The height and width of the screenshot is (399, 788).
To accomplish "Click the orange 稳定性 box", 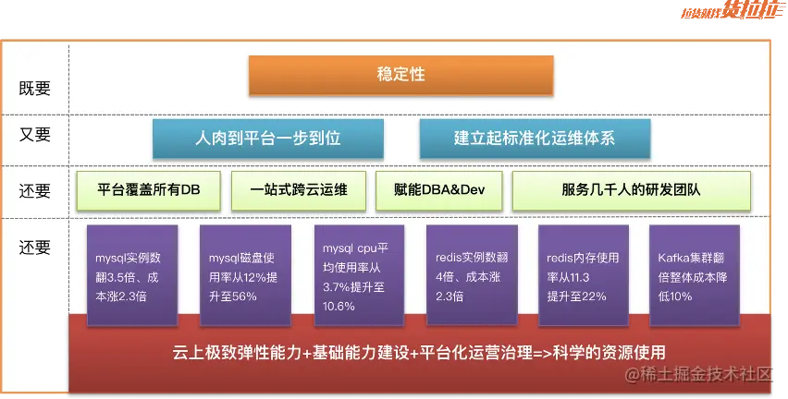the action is pos(401,75).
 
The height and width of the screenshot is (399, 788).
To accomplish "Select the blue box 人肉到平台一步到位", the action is pos(268,138).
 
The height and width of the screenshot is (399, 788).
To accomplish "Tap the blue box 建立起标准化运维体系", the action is pos(535,138).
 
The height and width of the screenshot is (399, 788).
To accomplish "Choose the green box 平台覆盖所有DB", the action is pos(148,190).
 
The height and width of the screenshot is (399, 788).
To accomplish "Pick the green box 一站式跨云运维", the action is pos(299,190).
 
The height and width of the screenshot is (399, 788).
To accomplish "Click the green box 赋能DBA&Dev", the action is pos(438,190).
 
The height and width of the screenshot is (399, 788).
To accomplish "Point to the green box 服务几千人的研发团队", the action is pos(631,190).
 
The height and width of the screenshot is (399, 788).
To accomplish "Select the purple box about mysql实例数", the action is pos(132,275).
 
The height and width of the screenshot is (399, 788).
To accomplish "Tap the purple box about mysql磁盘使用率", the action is pos(245,275).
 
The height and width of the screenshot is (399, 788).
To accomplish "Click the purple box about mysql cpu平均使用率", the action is pos(359,275).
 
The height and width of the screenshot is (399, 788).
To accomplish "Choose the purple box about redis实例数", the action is pos(472,275).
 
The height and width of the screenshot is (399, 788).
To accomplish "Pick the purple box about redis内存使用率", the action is pos(584,275).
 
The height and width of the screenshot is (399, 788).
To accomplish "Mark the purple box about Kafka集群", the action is pos(695,275).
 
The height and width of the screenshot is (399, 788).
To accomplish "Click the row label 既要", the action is pos(34,89).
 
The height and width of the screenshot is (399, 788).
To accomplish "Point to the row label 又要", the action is pos(34,135).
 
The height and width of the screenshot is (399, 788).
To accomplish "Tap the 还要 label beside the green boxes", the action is pos(34,191).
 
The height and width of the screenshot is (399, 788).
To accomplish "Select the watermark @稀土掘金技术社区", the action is pos(698,374).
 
